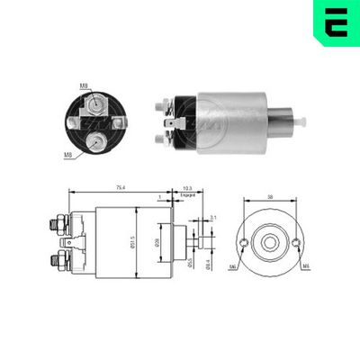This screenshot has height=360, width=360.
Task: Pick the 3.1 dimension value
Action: tap(213, 219)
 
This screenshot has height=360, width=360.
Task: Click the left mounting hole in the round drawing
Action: tap(243, 243)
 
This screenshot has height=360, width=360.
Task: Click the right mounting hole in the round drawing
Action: tap(295, 243)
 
